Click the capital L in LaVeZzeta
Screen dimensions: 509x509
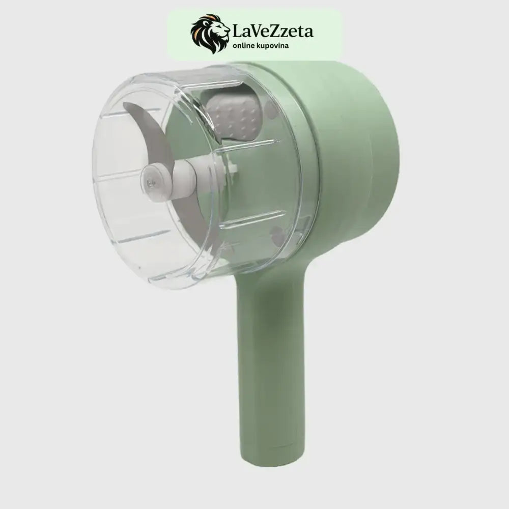pyautogui.click(x=238, y=32)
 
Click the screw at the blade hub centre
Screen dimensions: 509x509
pyautogui.click(x=150, y=183)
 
